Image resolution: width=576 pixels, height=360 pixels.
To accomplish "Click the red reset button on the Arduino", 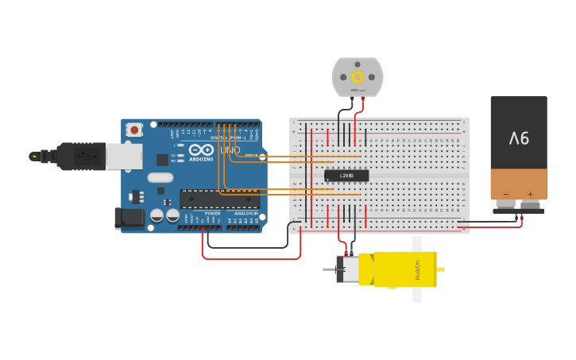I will (x=134, y=129).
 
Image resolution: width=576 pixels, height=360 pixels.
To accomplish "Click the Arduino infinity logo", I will (x=202, y=150).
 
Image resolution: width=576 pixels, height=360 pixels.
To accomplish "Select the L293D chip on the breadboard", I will (x=346, y=176).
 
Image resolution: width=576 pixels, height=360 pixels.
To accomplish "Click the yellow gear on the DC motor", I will (x=358, y=77).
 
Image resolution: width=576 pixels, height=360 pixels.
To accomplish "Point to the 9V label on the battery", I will (x=519, y=138).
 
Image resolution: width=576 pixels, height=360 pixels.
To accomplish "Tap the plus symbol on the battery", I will (x=530, y=193).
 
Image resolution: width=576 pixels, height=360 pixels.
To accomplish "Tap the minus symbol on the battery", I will (x=505, y=193).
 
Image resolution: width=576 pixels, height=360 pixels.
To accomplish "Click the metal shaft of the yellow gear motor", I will (x=329, y=269).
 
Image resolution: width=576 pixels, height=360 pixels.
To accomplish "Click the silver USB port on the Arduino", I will (x=124, y=157).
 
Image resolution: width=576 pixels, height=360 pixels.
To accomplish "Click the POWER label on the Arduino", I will (x=213, y=214).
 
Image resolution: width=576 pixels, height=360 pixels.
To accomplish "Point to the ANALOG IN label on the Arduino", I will (x=245, y=214).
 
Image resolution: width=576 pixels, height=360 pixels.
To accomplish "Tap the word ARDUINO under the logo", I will (x=201, y=159).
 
